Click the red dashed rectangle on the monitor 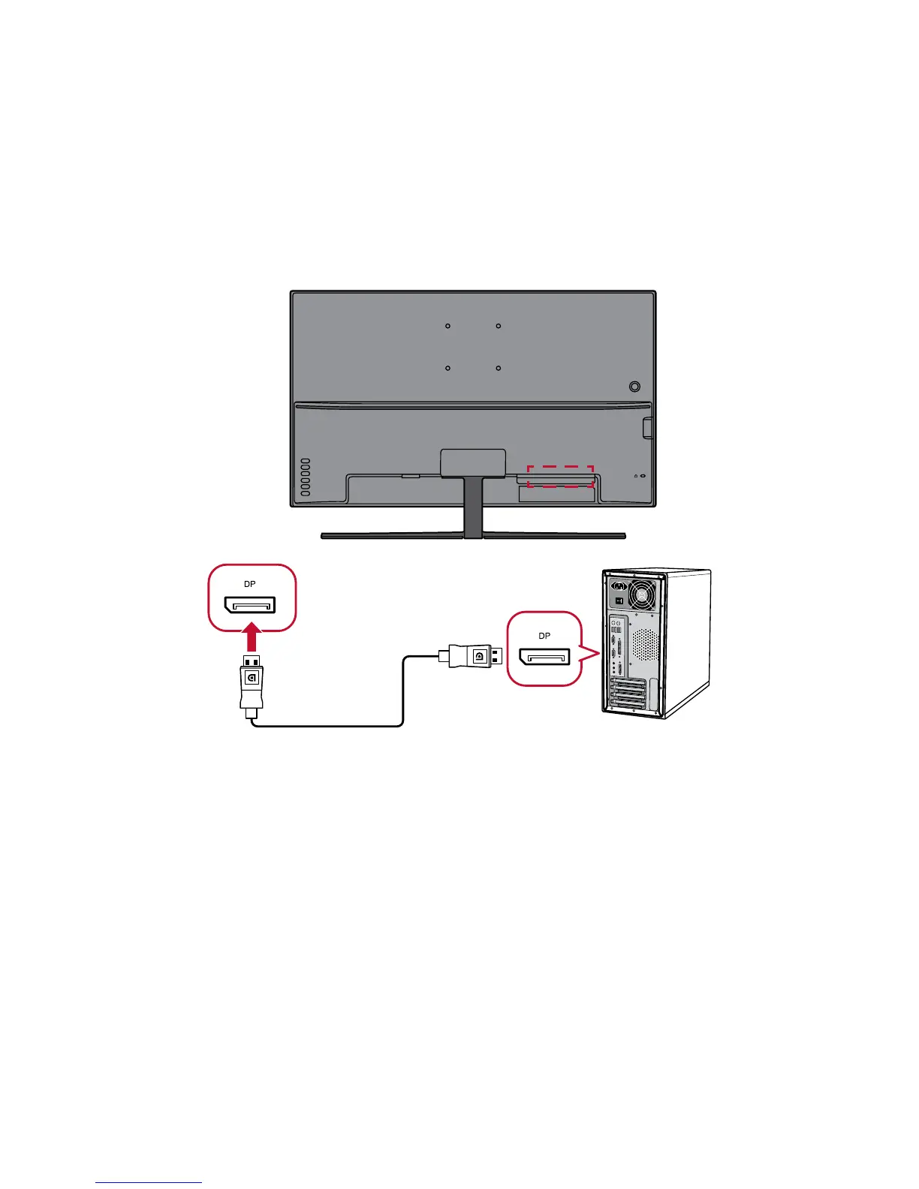560,476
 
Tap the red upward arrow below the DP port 253,640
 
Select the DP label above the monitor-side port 249,584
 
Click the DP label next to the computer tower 544,636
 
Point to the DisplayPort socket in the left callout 249,604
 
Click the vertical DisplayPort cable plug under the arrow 252,683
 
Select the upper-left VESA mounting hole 447,327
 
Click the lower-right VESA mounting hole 499,369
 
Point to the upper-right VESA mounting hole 499,327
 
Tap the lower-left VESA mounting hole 447,369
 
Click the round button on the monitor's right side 634,387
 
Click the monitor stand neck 473,507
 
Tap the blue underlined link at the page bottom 149,1183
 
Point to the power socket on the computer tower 619,587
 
